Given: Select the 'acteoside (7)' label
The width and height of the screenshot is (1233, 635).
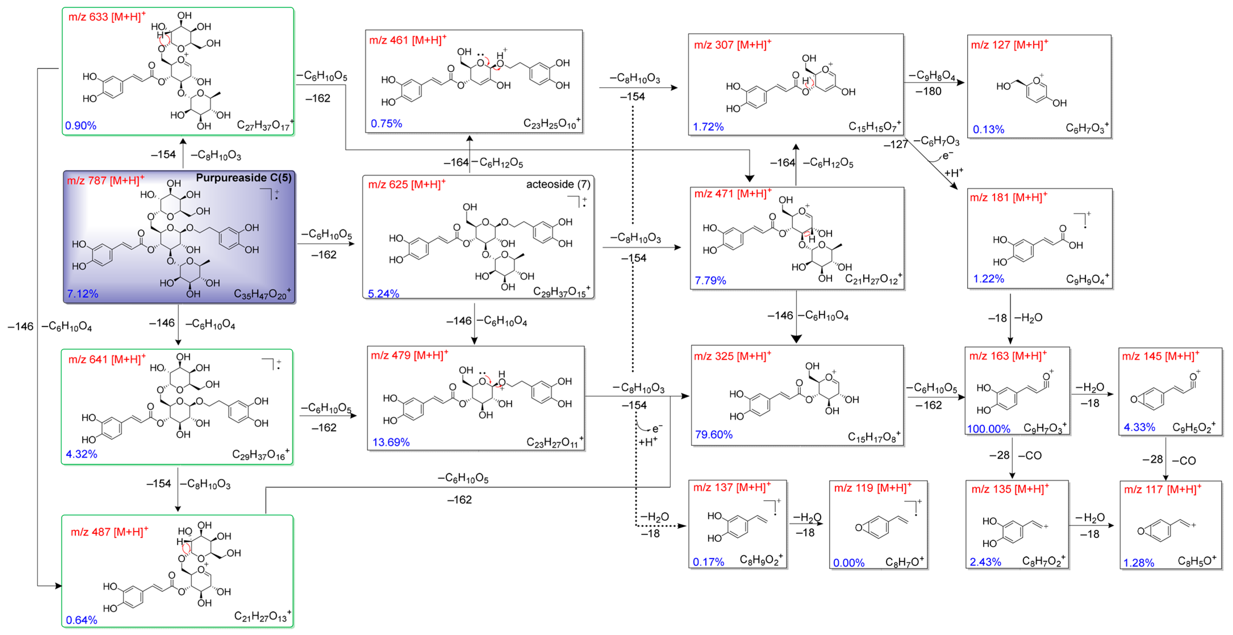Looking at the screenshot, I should [x=558, y=184].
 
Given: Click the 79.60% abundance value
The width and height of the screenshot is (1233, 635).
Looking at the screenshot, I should [x=714, y=435].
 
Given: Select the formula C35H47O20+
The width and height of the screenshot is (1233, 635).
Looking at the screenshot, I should [x=261, y=294].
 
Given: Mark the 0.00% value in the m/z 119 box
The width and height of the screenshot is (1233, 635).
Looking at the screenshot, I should [x=849, y=563].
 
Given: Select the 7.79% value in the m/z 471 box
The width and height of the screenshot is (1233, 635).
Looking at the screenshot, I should [x=710, y=280].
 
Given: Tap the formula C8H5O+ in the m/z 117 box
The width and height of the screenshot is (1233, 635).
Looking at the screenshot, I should [x=1197, y=561].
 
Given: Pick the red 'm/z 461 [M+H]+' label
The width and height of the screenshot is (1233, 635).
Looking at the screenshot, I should [x=407, y=40].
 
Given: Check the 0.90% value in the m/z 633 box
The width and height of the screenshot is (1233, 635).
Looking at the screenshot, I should [x=80, y=126].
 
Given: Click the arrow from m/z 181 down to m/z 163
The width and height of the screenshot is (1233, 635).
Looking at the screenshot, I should [x=1010, y=319].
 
